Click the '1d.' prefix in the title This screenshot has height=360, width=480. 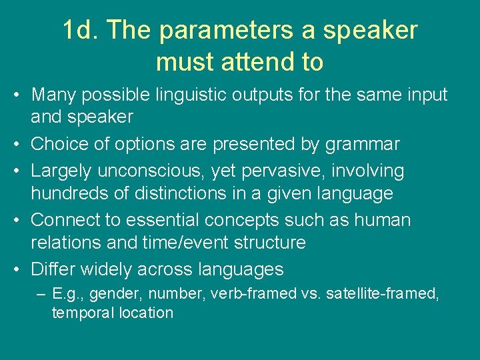(x=80, y=30)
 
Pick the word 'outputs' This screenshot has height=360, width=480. (x=265, y=95)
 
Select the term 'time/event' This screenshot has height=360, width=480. (x=182, y=243)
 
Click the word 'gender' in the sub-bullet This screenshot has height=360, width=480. (x=113, y=293)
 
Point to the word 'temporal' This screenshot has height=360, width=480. (x=84, y=313)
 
